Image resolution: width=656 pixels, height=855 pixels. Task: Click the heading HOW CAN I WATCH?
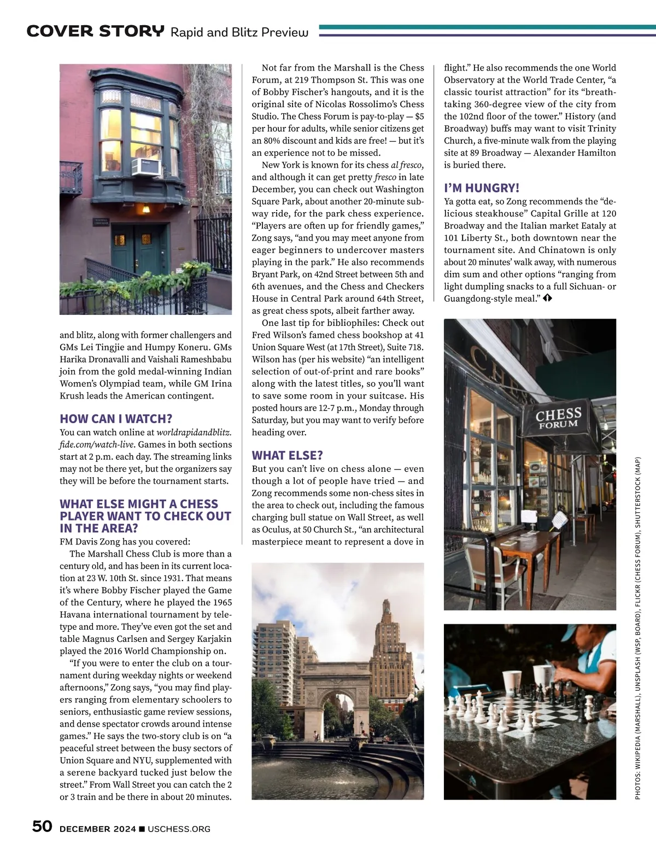click(116, 419)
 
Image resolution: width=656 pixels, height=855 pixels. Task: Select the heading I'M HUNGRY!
click(482, 188)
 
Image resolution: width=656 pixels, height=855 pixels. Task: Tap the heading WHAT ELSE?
click(287, 455)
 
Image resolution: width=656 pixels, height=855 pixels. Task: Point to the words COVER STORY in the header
click(95, 32)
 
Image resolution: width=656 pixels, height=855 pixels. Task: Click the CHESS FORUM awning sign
click(558, 418)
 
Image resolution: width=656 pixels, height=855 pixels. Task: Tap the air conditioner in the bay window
click(147, 166)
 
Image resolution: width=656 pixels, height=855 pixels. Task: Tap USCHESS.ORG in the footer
click(179, 829)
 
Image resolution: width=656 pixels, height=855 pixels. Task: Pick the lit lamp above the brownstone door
click(145, 209)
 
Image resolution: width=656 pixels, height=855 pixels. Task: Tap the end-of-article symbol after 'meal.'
click(548, 298)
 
